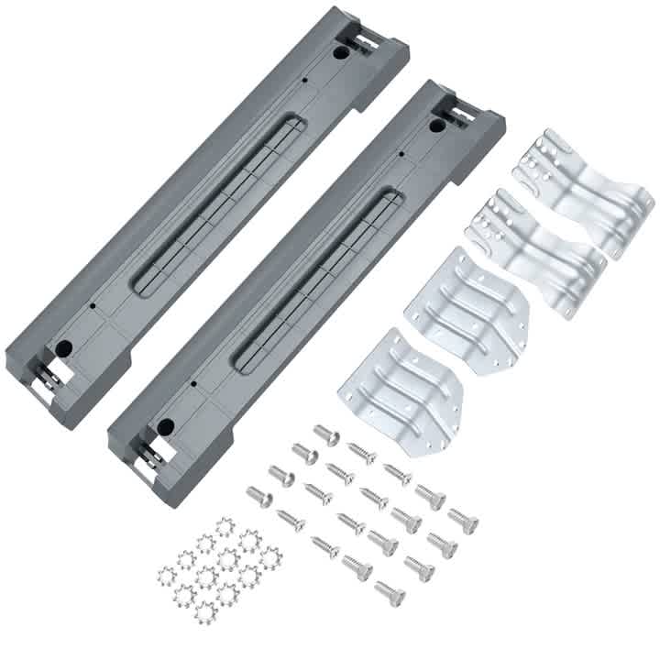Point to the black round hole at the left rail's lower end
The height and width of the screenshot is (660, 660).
tap(65, 347)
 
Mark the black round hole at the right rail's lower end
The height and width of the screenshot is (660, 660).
tap(166, 425)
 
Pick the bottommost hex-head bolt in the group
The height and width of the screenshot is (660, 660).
tap(390, 592)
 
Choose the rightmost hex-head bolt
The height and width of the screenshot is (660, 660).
tap(463, 520)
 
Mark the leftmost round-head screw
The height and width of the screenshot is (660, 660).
tap(259, 497)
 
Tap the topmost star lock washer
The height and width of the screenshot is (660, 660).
tap(225, 527)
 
